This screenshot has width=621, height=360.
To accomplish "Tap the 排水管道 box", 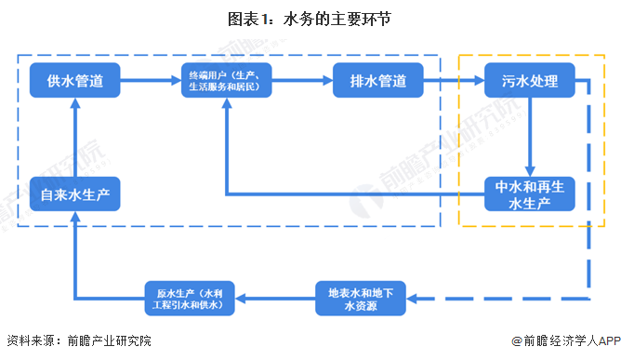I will (x=378, y=81).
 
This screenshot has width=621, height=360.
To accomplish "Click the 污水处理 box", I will (x=530, y=81).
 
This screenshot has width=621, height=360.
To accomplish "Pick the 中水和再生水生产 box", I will (x=530, y=194).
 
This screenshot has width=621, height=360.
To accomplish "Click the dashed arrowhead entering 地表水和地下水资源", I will (x=415, y=299).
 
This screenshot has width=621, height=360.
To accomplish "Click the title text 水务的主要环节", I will (x=338, y=19).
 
